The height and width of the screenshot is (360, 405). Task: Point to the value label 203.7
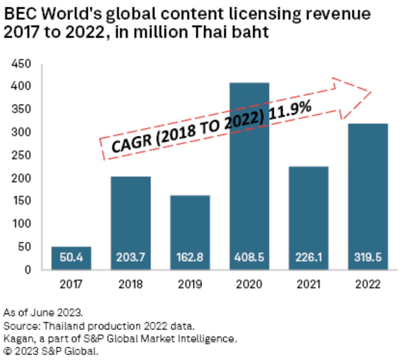pos(131,257)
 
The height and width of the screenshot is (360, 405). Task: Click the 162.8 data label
pos(190,257)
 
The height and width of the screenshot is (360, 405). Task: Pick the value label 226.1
pos(308,257)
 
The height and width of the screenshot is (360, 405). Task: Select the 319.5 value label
pos(368,257)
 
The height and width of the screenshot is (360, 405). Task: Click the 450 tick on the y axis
pos(21,64)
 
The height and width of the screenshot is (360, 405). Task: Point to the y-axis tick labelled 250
pos(21,155)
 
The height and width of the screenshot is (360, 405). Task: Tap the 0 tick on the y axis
pos(28,270)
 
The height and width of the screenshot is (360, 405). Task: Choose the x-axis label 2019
pos(190,284)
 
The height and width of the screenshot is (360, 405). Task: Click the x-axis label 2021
pos(308,284)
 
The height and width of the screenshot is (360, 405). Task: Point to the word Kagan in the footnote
pos(18,339)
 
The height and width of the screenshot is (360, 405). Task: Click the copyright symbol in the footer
pos(7,351)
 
